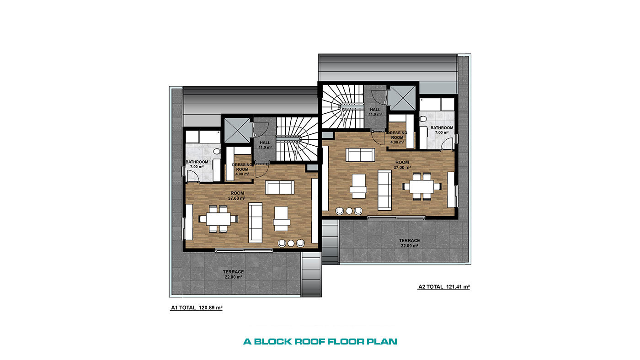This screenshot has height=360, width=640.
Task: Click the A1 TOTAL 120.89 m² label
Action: [x=197, y=307]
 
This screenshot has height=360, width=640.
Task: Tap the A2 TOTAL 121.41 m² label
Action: [x=444, y=286]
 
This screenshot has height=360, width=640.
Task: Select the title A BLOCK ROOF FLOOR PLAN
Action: [x=320, y=341]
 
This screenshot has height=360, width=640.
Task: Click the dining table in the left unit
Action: [x=219, y=219]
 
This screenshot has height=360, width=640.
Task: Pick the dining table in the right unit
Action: [x=421, y=187]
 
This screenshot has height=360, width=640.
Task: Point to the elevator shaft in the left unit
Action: [x=237, y=130]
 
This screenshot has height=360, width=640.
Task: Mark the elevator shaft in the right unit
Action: [x=402, y=98]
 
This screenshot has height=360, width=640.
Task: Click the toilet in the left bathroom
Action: [x=217, y=152]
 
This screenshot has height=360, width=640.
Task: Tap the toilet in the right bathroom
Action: [x=423, y=119]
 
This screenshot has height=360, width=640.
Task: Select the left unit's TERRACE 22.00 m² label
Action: [x=234, y=275]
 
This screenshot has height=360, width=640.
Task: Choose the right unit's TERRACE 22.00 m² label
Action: [x=410, y=243]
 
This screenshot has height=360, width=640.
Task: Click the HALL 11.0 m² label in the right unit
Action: [x=375, y=112]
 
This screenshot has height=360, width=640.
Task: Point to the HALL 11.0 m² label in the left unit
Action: [x=265, y=145]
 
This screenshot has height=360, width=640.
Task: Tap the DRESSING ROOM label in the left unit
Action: [x=242, y=167]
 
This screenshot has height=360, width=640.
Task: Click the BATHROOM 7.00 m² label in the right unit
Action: [x=442, y=130]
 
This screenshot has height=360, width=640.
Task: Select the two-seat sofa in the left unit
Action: [x=279, y=187]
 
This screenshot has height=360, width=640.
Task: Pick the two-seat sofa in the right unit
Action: [x=360, y=155]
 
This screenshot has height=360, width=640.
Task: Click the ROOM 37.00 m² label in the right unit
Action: [x=402, y=165]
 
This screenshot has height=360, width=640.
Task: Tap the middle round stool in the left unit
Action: [x=291, y=243]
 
